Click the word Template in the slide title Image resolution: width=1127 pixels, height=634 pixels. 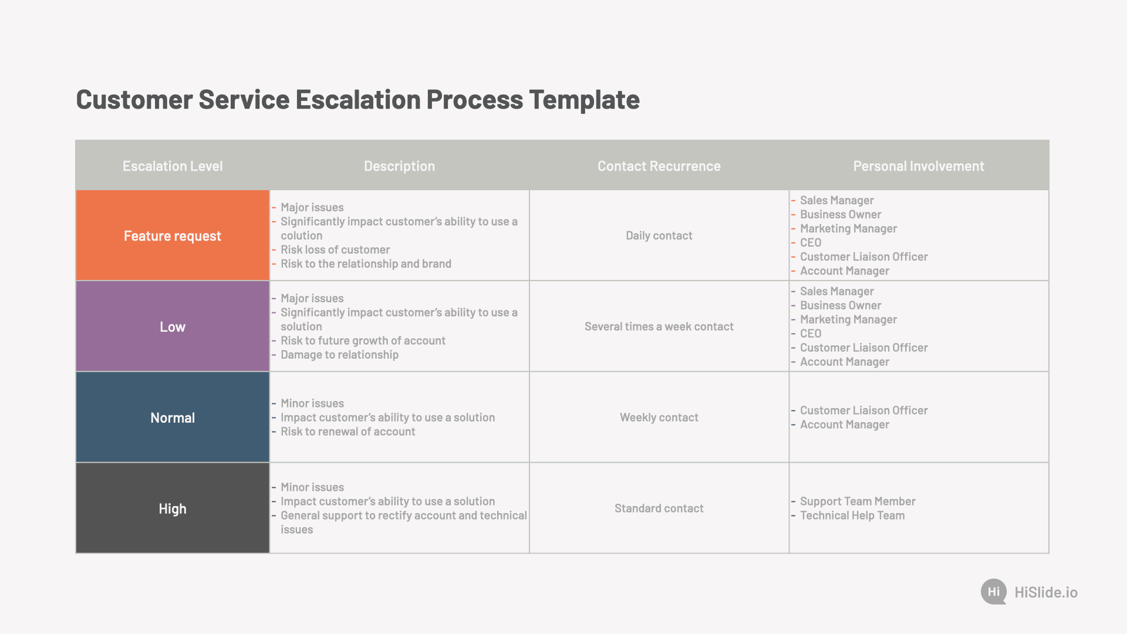tap(584, 100)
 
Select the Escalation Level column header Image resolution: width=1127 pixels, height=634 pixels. tap(173, 166)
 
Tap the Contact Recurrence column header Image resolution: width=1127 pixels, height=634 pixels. tap(659, 166)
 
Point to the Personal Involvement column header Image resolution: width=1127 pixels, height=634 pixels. tap(919, 166)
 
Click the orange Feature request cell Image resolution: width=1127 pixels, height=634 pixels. tap(173, 235)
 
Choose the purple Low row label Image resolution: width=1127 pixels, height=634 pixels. tap(173, 326)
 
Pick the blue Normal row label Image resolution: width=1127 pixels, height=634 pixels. tap(173, 417)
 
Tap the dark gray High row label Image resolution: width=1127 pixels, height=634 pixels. tap(173, 508)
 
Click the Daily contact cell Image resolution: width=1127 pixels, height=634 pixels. tap(659, 235)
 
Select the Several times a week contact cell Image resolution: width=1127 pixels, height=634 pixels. tap(659, 326)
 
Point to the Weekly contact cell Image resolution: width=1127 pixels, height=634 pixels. tap(659, 417)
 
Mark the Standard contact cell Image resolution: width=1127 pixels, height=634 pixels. tap(659, 508)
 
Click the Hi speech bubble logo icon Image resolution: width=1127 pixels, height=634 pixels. tap(994, 592)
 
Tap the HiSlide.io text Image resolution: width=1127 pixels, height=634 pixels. tap(1046, 592)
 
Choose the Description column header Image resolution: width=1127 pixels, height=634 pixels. tap(399, 166)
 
